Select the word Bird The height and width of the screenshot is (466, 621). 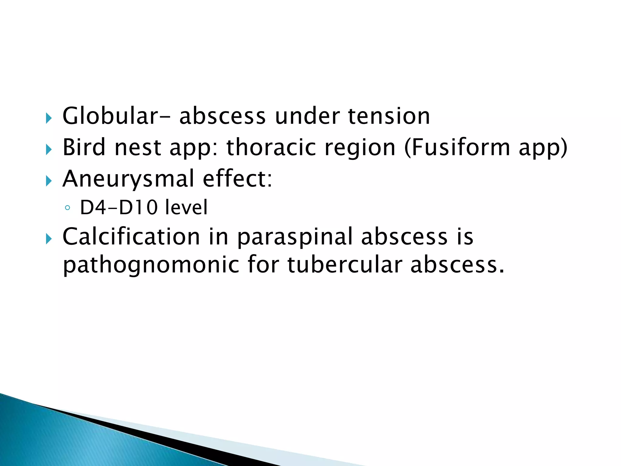(84, 147)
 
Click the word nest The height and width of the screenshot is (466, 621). (138, 147)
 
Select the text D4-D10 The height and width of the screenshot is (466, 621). (119, 208)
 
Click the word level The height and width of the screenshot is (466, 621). (186, 208)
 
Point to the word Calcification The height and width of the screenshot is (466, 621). (131, 236)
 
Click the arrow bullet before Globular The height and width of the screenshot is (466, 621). (49, 118)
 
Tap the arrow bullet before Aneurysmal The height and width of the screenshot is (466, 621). (49, 181)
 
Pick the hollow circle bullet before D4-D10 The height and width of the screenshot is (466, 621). (67, 208)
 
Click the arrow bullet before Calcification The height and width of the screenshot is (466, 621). (49, 239)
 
